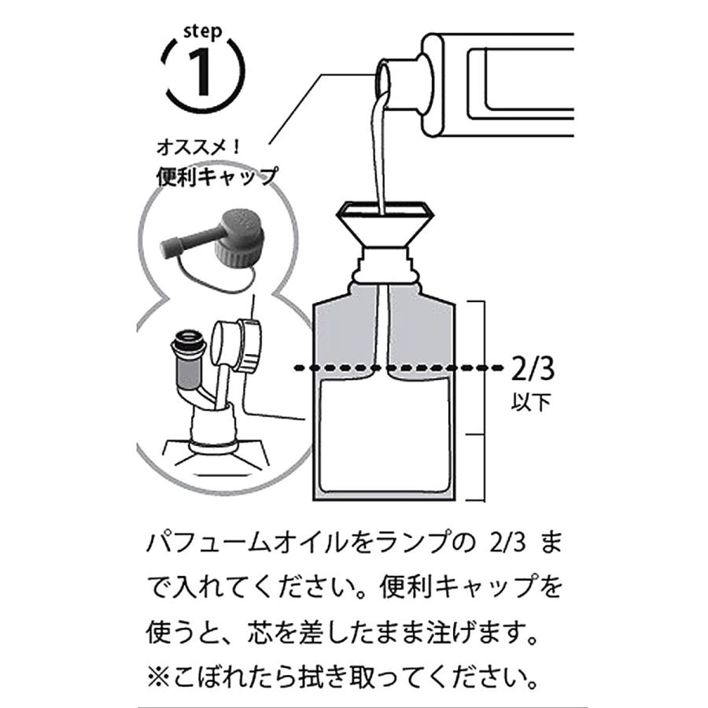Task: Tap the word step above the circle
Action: tap(202, 32)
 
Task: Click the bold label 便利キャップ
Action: tap(216, 175)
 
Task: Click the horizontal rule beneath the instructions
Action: tap(354, 702)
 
